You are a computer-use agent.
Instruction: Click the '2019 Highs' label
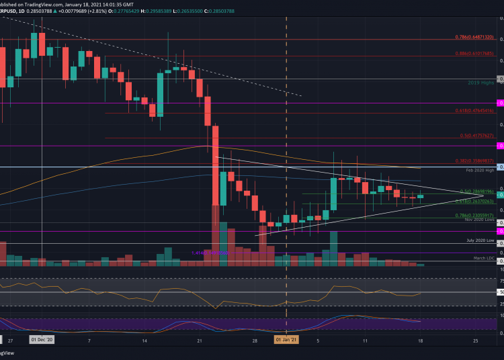coord(482,83)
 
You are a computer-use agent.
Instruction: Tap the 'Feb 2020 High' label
coord(480,171)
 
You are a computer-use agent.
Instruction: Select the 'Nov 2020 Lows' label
coord(480,220)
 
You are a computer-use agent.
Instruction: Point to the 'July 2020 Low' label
coord(481,240)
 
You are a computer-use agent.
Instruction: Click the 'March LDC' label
coord(484,258)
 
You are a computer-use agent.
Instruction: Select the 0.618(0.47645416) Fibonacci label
coord(474,110)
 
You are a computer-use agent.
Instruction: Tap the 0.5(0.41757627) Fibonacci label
coord(476,135)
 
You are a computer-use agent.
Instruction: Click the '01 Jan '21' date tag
coord(287,341)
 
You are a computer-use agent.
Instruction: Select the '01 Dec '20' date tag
coord(42,341)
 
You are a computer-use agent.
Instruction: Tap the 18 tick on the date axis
coord(419,341)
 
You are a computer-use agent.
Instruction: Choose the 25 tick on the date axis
coord(475,341)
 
